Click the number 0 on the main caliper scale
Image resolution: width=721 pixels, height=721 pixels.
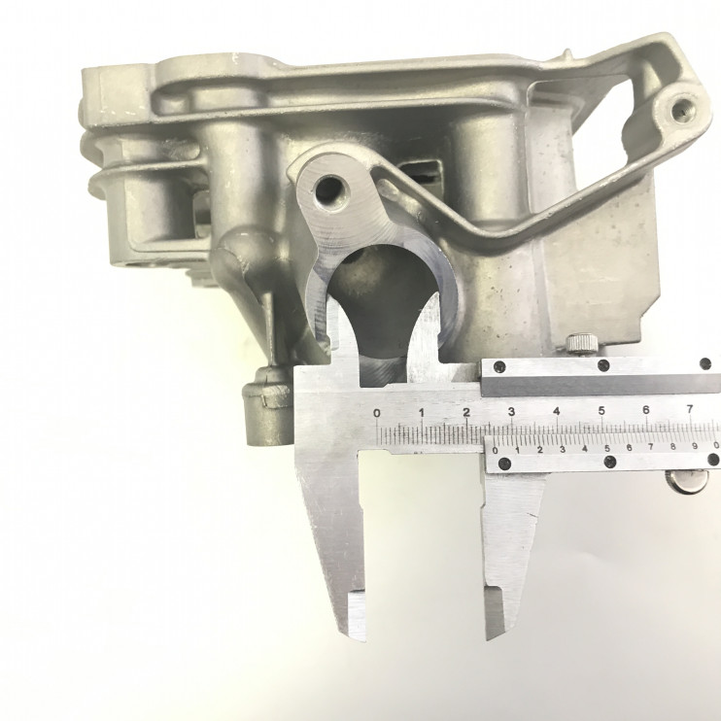[x=377, y=412]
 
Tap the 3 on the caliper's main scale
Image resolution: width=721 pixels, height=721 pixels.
[x=511, y=411]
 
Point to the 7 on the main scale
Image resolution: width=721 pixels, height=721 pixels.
[x=690, y=408]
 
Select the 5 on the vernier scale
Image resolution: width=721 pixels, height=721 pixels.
[x=607, y=448]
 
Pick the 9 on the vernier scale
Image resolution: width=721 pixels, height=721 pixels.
[x=695, y=446]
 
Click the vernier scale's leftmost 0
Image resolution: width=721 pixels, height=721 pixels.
[x=496, y=450]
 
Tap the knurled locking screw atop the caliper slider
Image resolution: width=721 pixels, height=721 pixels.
[x=582, y=344]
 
